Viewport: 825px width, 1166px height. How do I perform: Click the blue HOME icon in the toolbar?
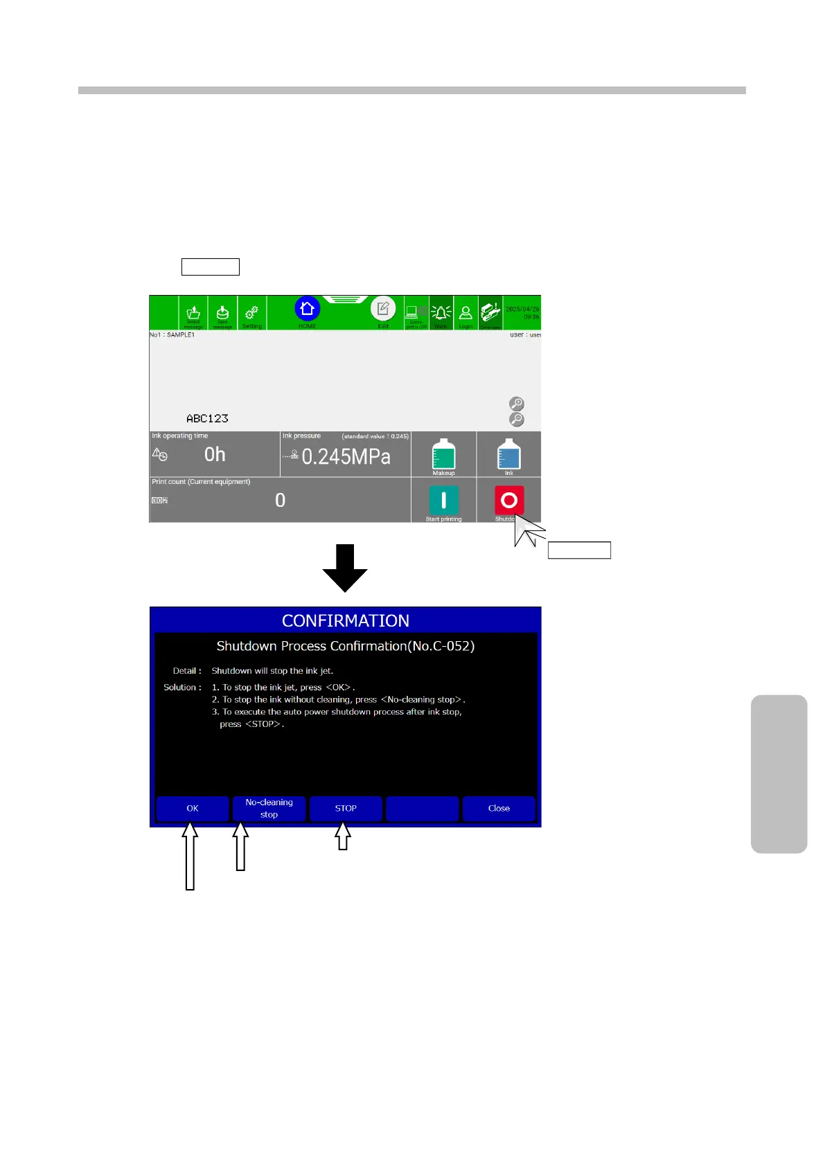click(x=307, y=309)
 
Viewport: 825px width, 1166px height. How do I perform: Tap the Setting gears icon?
click(x=251, y=312)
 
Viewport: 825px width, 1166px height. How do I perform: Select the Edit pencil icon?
click(x=383, y=309)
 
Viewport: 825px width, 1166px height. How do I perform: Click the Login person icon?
click(x=465, y=313)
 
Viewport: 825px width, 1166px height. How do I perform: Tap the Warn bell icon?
click(x=441, y=313)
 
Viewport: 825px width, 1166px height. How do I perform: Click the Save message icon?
click(x=222, y=313)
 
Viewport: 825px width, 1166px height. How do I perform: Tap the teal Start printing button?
click(x=443, y=500)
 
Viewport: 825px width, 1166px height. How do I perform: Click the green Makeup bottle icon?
click(x=443, y=454)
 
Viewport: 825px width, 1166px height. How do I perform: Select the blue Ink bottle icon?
click(x=509, y=454)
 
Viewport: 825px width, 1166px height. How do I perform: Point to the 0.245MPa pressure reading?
click(x=346, y=457)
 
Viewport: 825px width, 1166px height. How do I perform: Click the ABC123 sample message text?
click(x=207, y=418)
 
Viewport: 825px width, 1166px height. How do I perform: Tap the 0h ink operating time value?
click(x=215, y=454)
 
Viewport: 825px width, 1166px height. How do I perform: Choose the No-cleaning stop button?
click(x=269, y=808)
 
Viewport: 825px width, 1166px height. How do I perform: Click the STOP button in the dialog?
click(x=346, y=808)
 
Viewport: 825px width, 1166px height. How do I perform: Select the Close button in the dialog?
click(x=499, y=808)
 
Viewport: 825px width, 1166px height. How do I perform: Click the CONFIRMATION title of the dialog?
click(x=346, y=620)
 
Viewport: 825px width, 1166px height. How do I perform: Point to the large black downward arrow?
click(x=345, y=568)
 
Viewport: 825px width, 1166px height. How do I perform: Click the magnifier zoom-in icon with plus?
click(x=517, y=404)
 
